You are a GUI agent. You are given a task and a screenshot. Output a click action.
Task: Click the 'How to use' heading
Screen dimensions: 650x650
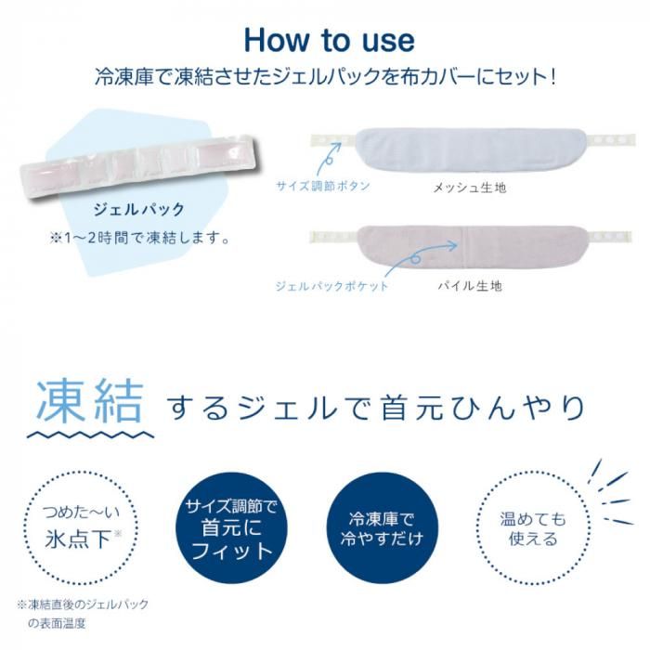(329, 40)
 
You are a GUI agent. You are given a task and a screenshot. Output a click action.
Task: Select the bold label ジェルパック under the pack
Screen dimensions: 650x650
(139, 210)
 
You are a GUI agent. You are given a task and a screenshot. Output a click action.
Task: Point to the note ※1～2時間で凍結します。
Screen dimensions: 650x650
(139, 239)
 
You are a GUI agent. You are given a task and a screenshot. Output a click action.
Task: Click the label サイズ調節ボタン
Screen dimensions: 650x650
(323, 186)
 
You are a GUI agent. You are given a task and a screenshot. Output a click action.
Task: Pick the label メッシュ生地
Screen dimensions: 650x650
(470, 188)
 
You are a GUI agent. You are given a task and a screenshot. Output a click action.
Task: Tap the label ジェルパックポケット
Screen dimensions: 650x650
(331, 286)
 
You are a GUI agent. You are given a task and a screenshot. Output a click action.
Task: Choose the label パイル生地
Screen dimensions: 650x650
(470, 286)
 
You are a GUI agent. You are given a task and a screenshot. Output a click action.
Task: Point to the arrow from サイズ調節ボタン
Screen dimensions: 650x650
(328, 159)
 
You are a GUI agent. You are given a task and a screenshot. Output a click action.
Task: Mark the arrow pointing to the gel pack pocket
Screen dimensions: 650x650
(419, 258)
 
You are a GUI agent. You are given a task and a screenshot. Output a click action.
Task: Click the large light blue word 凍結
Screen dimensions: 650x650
(90, 401)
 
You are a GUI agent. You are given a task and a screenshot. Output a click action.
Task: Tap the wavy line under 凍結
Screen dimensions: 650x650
(90, 435)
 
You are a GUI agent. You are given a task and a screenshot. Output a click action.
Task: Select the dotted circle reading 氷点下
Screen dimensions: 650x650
(81, 527)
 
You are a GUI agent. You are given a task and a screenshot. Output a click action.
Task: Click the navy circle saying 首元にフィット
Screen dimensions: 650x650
(231, 527)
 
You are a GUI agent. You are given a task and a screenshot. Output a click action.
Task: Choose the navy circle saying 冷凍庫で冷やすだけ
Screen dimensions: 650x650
(382, 527)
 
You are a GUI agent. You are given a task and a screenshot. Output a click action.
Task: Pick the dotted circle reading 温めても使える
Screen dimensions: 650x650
(533, 527)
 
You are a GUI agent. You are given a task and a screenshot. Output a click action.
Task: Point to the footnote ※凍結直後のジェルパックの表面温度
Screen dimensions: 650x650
(83, 614)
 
